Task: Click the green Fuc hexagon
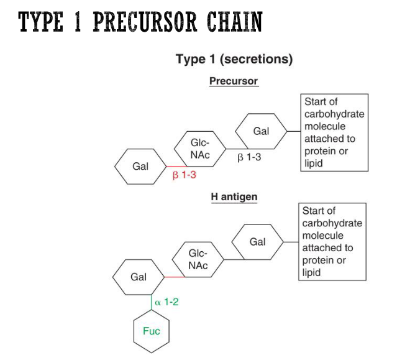(x=151, y=331)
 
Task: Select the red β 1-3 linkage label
(x=184, y=176)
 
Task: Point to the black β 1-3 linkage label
(x=249, y=157)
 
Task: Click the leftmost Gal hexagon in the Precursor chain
(x=140, y=167)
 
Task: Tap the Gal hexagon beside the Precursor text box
(x=261, y=131)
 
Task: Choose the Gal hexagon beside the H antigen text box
(x=257, y=242)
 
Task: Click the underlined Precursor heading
(x=233, y=81)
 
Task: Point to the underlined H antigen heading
(x=234, y=196)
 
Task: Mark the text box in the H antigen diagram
(x=332, y=242)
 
